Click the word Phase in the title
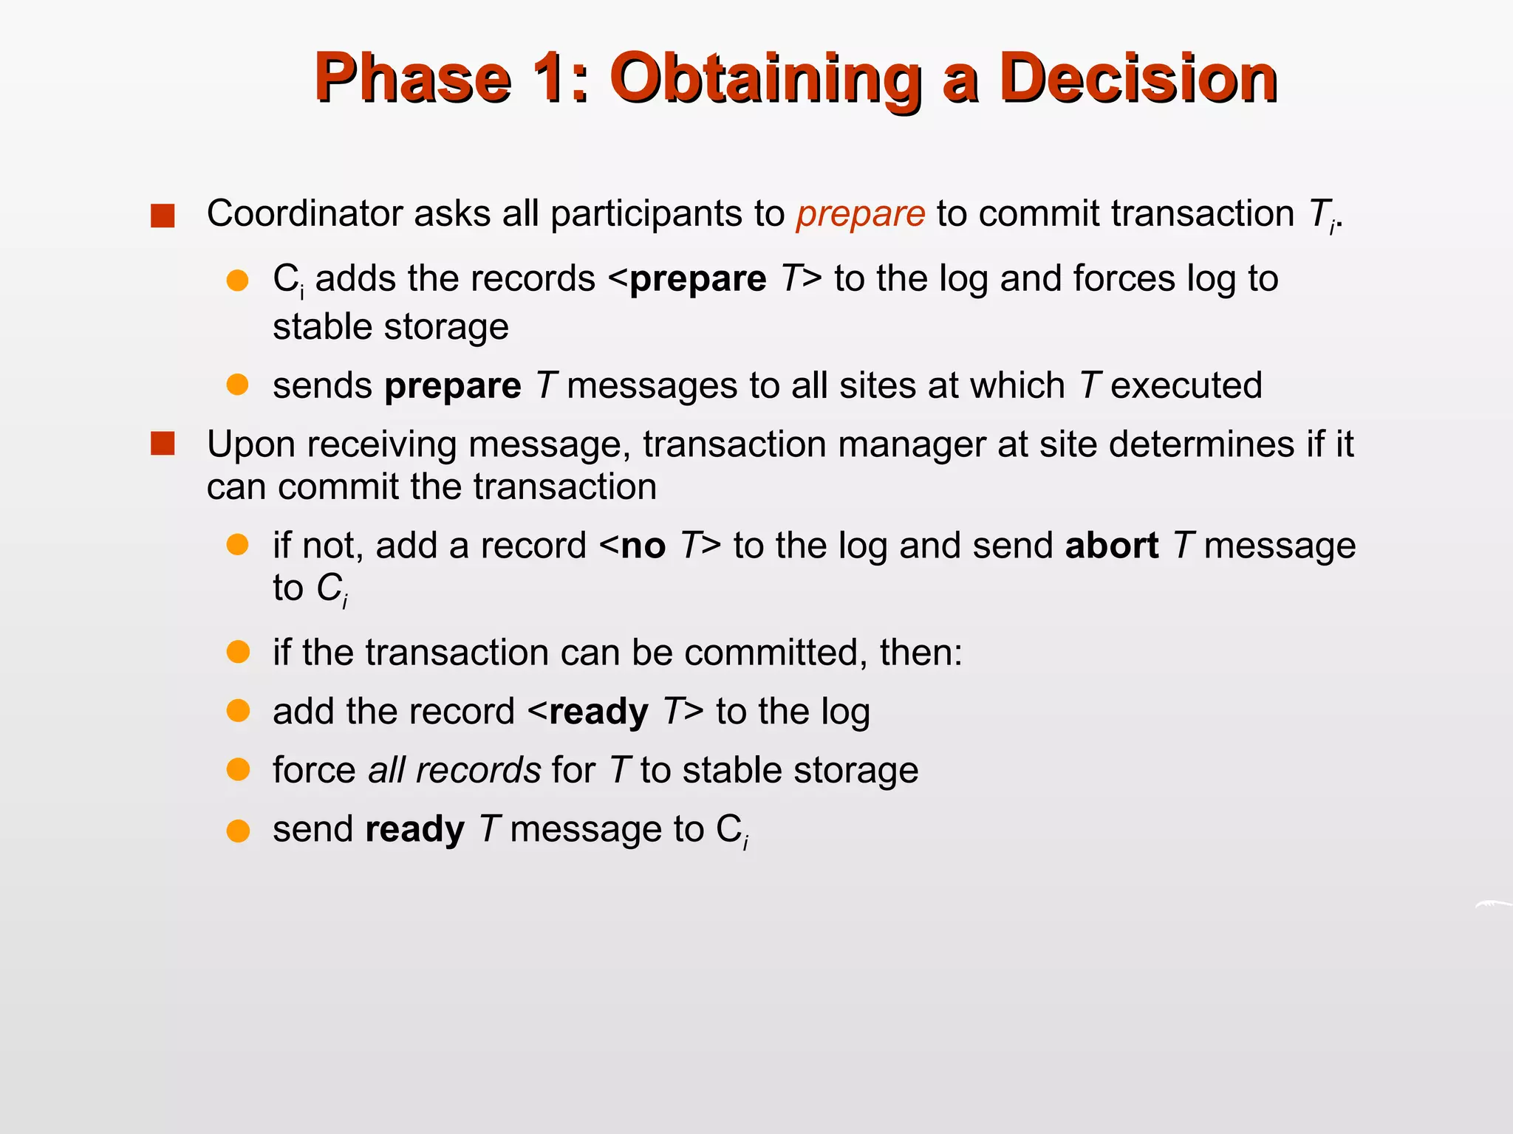click(x=412, y=79)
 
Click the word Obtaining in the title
click(x=765, y=79)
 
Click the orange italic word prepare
click(x=860, y=214)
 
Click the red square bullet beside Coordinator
click(x=163, y=216)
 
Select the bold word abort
click(x=1111, y=546)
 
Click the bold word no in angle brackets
click(x=643, y=546)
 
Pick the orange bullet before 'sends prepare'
click(x=237, y=385)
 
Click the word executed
click(x=1186, y=386)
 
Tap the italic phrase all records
click(x=454, y=771)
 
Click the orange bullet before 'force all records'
click(x=238, y=770)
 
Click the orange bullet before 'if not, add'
click(x=237, y=545)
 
